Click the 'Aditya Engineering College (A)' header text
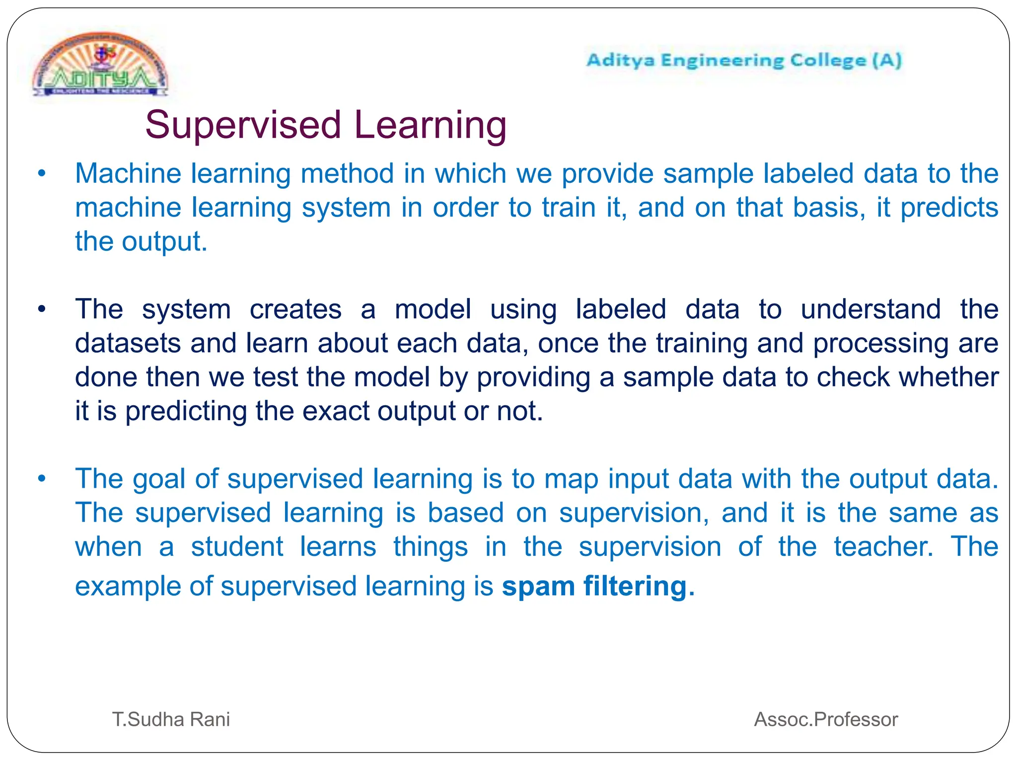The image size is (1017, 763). pyautogui.click(x=743, y=61)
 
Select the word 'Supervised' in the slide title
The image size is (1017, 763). pyautogui.click(x=243, y=125)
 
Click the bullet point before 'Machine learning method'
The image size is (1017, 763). pyautogui.click(x=42, y=174)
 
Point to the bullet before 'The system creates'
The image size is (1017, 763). pyautogui.click(x=42, y=309)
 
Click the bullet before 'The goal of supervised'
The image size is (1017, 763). pyautogui.click(x=42, y=479)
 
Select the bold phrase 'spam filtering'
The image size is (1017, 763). pyautogui.click(x=598, y=586)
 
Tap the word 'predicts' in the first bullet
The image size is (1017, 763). pyautogui.click(x=949, y=208)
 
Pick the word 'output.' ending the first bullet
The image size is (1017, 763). pyautogui.click(x=164, y=242)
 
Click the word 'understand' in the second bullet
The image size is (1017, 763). pyautogui.click(x=871, y=309)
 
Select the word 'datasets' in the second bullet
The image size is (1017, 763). pyautogui.click(x=128, y=343)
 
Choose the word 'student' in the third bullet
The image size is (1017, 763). pyautogui.click(x=237, y=547)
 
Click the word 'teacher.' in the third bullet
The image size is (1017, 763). pyautogui.click(x=883, y=547)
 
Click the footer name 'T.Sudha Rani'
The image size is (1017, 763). pyautogui.click(x=171, y=719)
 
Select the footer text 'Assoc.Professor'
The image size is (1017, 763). pyautogui.click(x=826, y=719)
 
